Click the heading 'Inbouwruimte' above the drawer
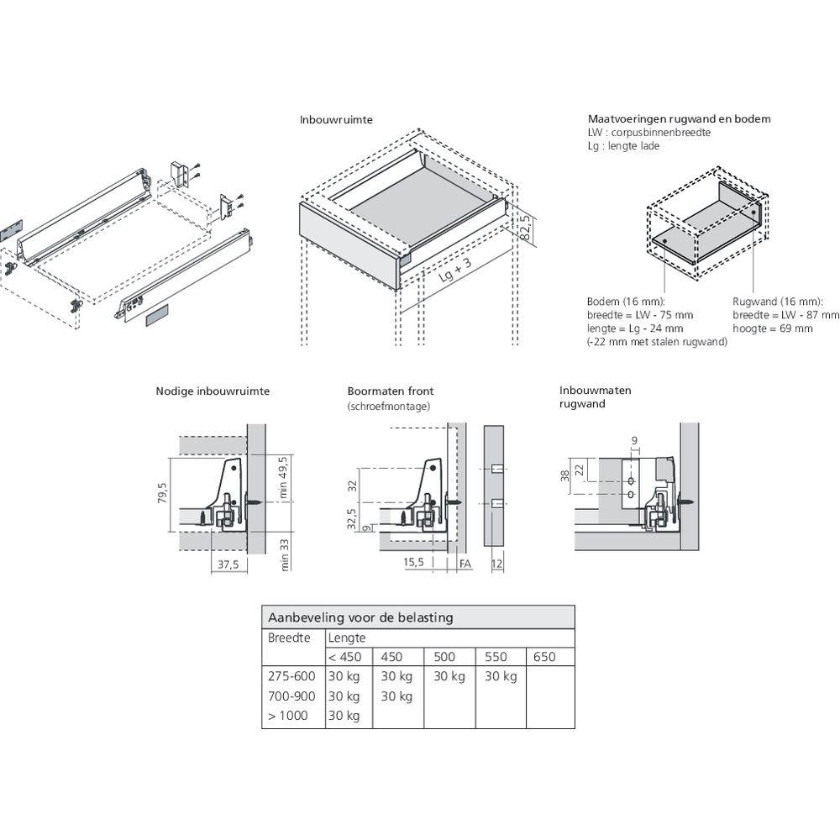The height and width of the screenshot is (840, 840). tap(336, 120)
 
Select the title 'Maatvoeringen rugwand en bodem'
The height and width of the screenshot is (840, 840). tap(679, 119)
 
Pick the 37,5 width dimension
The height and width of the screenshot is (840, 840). tap(227, 565)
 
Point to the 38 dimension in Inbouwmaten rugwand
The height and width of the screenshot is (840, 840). tap(565, 475)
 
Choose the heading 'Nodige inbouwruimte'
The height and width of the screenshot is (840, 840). tap(213, 391)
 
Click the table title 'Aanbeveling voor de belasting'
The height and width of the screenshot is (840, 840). tap(360, 617)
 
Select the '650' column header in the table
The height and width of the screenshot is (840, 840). tap(544, 657)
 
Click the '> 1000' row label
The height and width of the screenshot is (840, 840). tap(287, 716)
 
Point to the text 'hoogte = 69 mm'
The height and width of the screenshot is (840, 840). tap(773, 328)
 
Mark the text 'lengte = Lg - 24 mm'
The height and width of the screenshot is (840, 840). tap(635, 328)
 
